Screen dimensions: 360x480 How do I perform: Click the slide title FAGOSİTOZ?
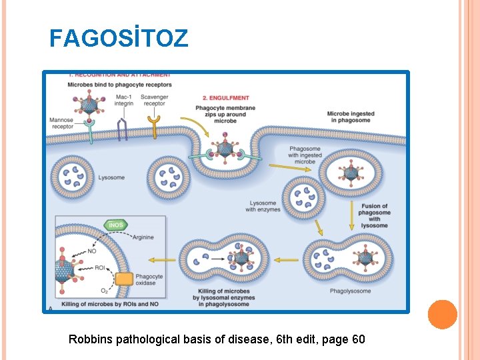(119, 38)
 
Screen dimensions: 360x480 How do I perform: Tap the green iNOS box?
(116, 225)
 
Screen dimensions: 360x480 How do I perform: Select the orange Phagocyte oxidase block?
(125, 279)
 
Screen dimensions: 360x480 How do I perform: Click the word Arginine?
(143, 237)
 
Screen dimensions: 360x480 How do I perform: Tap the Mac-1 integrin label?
(123, 100)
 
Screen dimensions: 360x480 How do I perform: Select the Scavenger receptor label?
(154, 100)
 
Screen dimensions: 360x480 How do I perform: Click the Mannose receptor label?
(62, 123)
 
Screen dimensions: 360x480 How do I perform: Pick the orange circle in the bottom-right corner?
(442, 314)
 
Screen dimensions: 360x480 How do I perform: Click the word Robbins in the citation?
(91, 339)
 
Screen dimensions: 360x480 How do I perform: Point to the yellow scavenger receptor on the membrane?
(155, 126)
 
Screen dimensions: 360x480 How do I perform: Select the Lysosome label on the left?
(111, 178)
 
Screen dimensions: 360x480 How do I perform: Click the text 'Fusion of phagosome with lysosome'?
(374, 215)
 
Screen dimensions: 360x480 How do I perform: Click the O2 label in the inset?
(103, 291)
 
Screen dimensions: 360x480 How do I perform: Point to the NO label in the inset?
(91, 252)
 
